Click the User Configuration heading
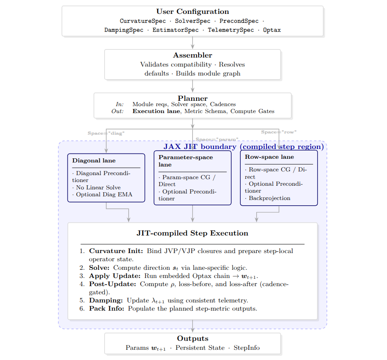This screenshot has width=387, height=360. pyautogui.click(x=192, y=12)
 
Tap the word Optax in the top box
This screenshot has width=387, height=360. pyautogui.click(x=272, y=30)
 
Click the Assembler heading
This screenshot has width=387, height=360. pyautogui.click(x=192, y=56)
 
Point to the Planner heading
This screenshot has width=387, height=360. pyautogui.click(x=192, y=98)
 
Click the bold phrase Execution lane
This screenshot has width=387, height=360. pyautogui.click(x=156, y=111)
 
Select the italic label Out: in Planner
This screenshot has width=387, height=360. pyautogui.click(x=117, y=111)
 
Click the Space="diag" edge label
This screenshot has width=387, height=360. pyautogui.click(x=106, y=133)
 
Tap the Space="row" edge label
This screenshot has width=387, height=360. pyautogui.click(x=279, y=132)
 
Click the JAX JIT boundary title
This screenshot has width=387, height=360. pyautogui.click(x=244, y=147)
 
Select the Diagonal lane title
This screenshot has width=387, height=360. pyautogui.click(x=94, y=161)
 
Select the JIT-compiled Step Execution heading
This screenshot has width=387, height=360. pyautogui.click(x=192, y=233)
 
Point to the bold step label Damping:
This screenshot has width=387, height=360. pyautogui.click(x=106, y=300)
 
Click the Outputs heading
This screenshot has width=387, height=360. pyautogui.click(x=192, y=339)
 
